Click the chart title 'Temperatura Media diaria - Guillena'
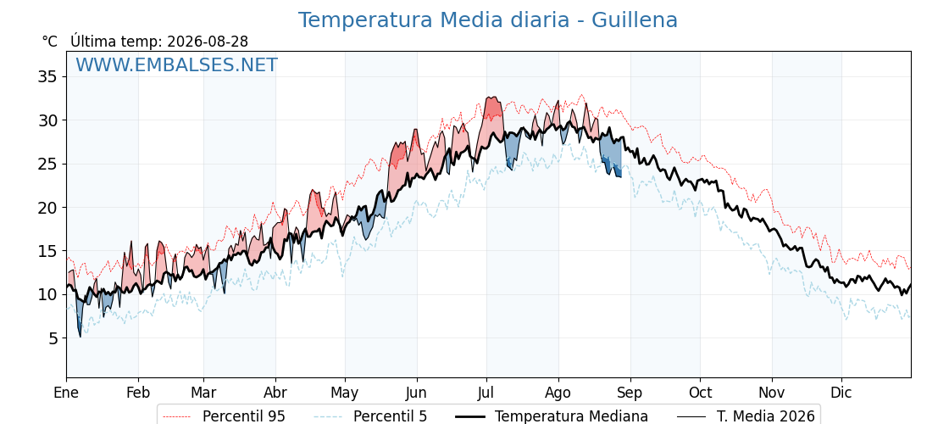pos(488,20)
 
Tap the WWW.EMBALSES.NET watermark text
pos(177,64)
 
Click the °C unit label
pos(50,42)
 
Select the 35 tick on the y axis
pos(47,77)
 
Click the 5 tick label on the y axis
pos(53,338)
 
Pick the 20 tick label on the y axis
pos(47,208)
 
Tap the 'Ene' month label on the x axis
pos(66,393)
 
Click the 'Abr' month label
pos(275,393)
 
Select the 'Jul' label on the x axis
pos(486,393)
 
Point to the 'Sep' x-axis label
pos(630,393)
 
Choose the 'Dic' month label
pos(841,393)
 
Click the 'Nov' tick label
pos(772,393)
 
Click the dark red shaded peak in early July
pos(493,107)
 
